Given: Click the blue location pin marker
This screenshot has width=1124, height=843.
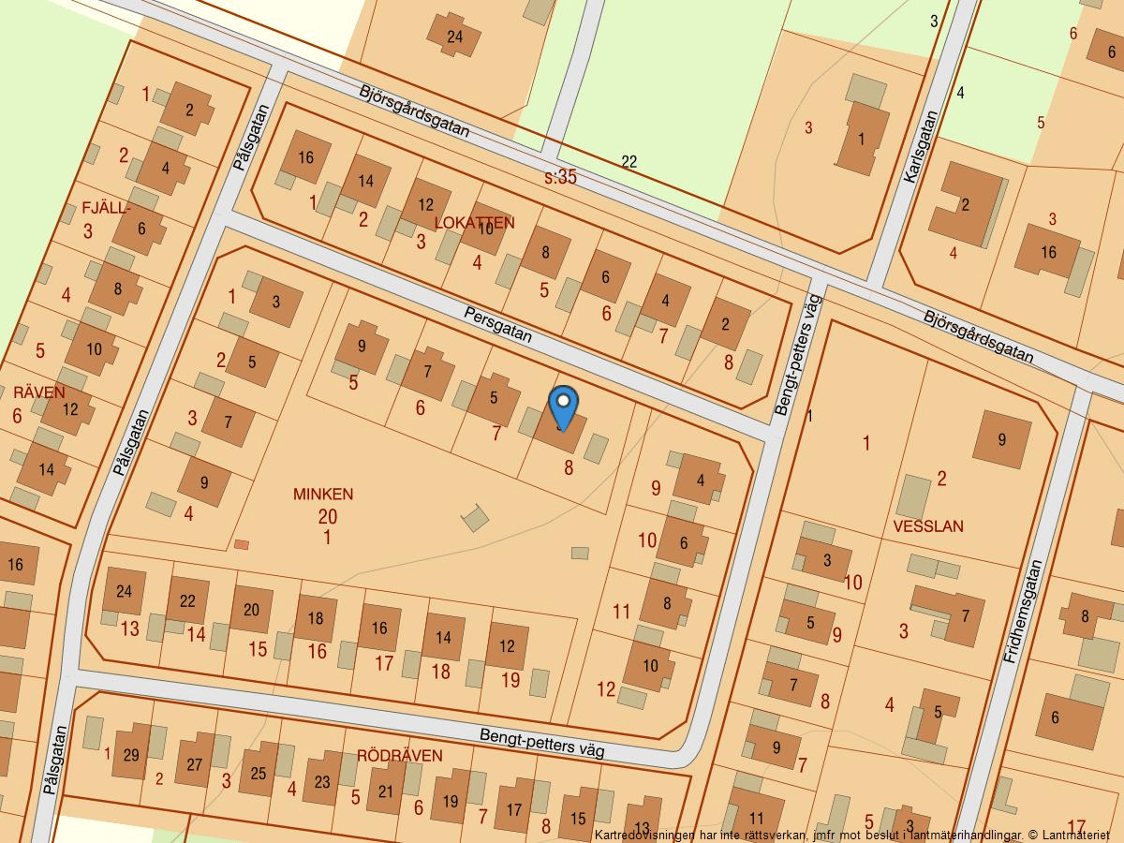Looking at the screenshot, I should tap(563, 407).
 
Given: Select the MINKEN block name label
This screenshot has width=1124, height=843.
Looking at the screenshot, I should tap(323, 494).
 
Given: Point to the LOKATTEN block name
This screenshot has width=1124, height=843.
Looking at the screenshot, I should tap(475, 222).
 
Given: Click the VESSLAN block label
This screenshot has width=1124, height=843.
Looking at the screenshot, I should tap(928, 526).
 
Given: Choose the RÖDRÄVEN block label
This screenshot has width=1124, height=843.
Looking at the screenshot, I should tap(400, 756).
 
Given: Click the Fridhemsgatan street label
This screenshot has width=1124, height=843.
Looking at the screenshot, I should tap(1022, 613).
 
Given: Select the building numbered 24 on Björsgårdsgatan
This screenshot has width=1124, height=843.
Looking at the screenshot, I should tap(455, 37).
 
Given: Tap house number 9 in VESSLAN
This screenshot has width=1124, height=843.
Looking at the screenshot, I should tap(1001, 438).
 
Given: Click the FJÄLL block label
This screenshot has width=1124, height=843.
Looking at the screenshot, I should tap(104, 209).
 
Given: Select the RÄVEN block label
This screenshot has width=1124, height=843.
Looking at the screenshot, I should tap(39, 392).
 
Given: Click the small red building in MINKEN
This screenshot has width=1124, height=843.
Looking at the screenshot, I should tap(242, 544).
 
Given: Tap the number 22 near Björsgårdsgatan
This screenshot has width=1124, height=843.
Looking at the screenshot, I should tap(629, 162).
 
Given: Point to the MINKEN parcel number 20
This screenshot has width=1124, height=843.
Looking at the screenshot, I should tap(327, 516).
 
